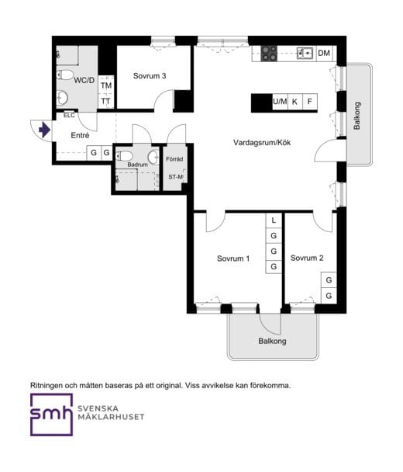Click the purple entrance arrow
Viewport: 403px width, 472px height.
tap(44, 130)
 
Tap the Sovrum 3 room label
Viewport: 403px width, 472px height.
tap(150, 76)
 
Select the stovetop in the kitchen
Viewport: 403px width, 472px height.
tap(269, 54)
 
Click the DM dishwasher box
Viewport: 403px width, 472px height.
tap(324, 54)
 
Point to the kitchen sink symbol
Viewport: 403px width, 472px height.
tap(305, 54)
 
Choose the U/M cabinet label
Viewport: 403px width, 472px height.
tap(280, 102)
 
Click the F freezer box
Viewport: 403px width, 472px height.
tap(310, 102)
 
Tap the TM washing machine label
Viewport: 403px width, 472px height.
tap(106, 86)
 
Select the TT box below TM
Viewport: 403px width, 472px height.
tap(105, 101)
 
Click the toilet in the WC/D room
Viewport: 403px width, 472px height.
tap(65, 75)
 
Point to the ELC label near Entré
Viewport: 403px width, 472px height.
tap(69, 116)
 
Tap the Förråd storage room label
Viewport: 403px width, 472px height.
tap(174, 159)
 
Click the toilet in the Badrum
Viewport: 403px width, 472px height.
tap(125, 156)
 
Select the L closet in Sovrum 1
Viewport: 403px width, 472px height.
tap(274, 220)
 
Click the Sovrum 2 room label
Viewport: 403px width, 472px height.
tap(307, 258)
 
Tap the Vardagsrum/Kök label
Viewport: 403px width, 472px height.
tap(262, 142)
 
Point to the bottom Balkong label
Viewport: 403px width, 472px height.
tap(272, 341)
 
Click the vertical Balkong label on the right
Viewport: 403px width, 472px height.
tap(357, 116)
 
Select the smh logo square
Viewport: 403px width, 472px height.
tap(51, 415)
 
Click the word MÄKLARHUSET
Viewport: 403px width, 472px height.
tap(111, 417)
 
